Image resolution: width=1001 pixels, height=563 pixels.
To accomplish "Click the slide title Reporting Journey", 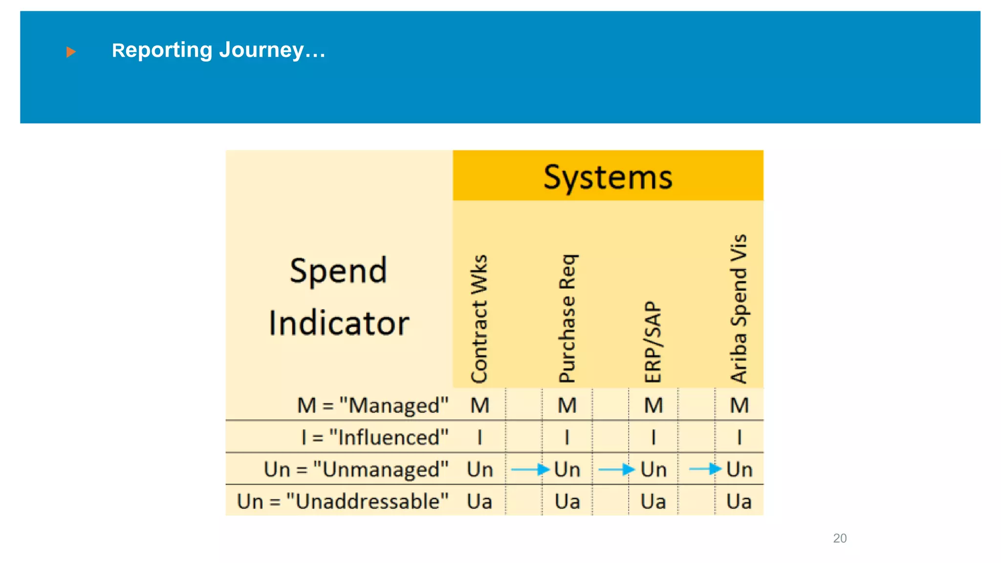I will tap(218, 50).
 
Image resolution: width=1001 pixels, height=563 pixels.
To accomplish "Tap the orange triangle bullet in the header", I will tap(71, 51).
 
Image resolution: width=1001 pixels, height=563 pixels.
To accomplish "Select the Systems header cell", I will tap(608, 176).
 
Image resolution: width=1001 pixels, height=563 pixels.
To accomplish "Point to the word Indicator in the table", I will tap(339, 323).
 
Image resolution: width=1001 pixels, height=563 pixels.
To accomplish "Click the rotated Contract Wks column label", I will tap(479, 319).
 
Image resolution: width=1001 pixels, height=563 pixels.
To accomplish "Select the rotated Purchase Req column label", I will tap(567, 319).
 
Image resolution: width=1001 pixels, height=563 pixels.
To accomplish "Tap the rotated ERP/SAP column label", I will tap(653, 342).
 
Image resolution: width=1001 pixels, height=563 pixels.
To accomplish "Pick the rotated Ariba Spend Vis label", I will tap(739, 309).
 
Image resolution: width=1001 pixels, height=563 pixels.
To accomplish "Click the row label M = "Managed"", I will tap(372, 406).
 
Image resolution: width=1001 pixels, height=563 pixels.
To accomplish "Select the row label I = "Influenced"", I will tap(375, 437).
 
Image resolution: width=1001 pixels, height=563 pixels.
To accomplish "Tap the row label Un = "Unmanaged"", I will tap(356, 469).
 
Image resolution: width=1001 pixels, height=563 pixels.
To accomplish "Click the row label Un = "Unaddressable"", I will tap(343, 501).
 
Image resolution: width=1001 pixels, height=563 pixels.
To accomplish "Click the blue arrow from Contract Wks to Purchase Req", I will tap(530, 470).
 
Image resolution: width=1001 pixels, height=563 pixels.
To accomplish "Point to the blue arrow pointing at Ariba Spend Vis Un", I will tap(705, 469).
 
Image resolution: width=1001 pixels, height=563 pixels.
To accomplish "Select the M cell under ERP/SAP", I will tap(653, 406).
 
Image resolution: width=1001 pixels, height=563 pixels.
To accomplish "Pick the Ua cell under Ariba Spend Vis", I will tap(739, 501).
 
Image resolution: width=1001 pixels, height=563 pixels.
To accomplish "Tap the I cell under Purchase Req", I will tap(567, 437).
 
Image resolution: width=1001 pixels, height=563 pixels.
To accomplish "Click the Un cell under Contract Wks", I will tap(479, 470).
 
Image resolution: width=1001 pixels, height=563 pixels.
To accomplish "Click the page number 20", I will tap(840, 538).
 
